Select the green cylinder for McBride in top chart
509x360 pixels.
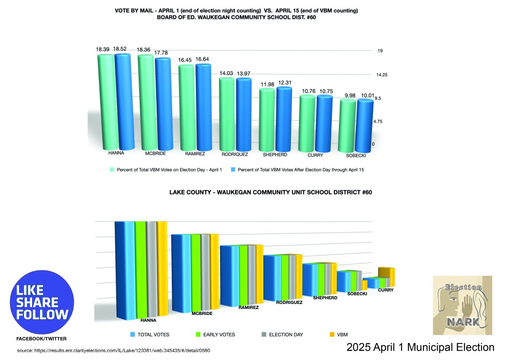click(145, 102)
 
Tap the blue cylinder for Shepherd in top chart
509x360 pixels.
click(284, 119)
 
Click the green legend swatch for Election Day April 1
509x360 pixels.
click(112, 169)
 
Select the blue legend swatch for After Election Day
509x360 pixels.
click(232, 169)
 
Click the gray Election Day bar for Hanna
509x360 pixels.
click(151, 270)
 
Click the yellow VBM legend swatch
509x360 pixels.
click(333, 335)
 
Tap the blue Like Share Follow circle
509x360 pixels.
click(42, 302)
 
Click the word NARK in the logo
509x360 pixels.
click(463, 322)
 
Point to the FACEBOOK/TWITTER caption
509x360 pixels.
click(41, 339)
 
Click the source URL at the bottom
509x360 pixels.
click(114, 351)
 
